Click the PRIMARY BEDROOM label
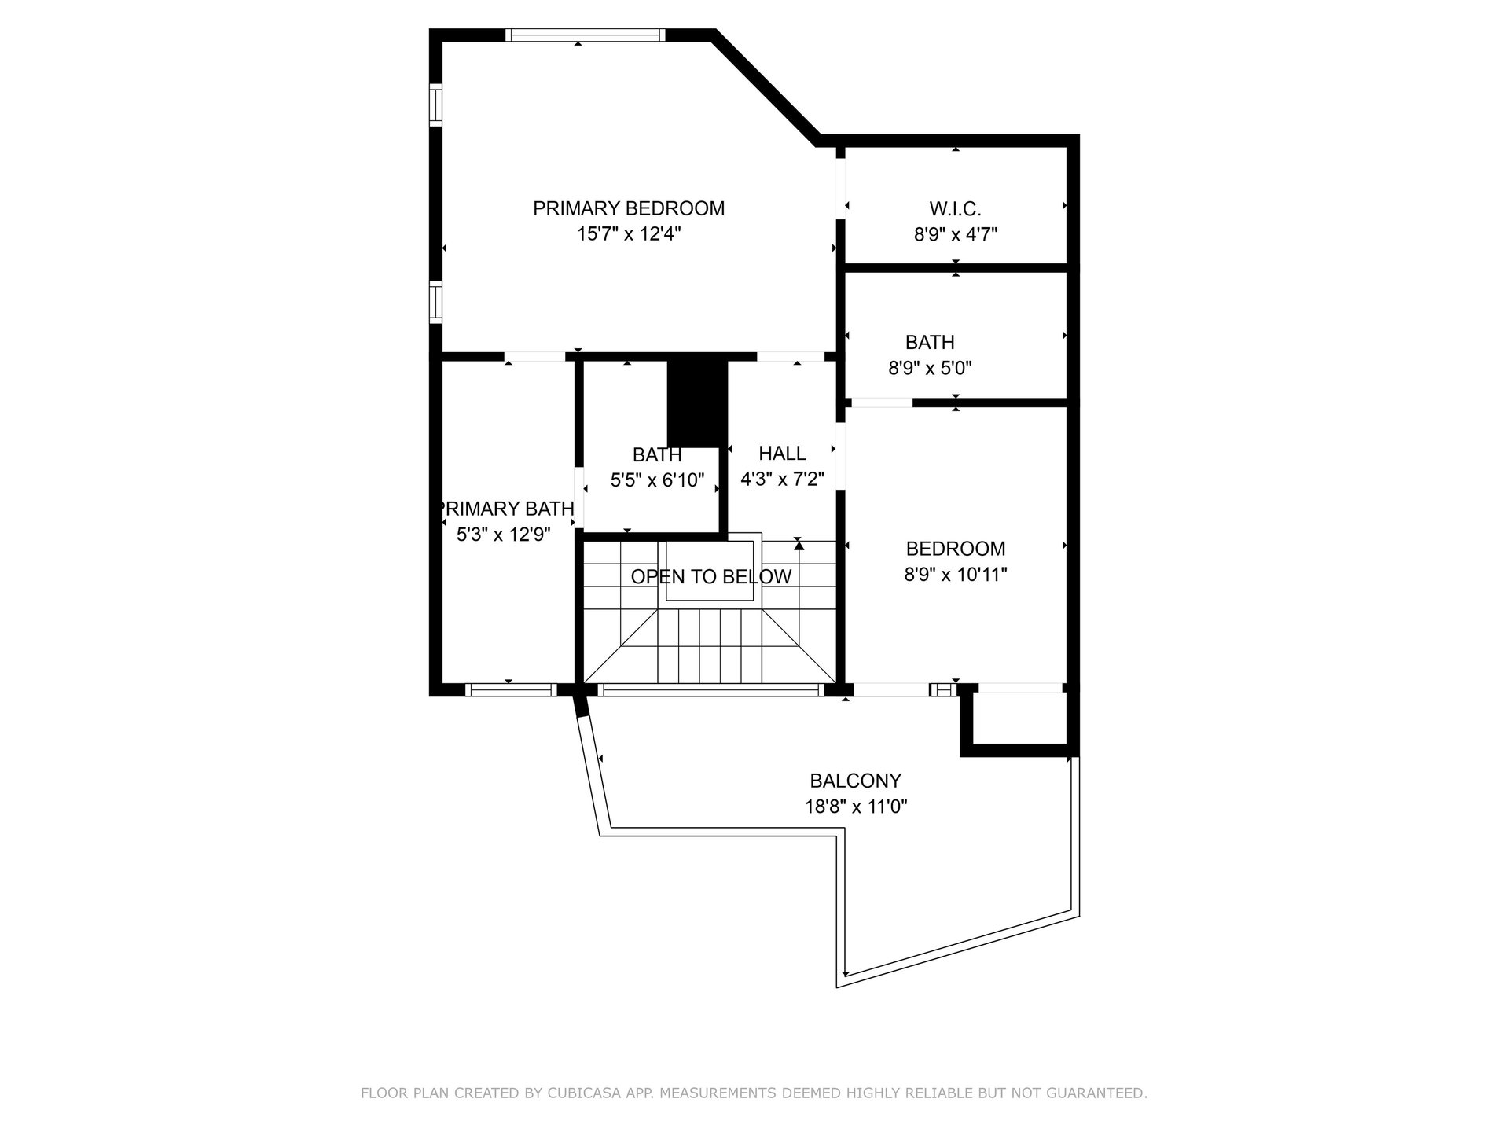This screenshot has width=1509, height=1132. click(629, 208)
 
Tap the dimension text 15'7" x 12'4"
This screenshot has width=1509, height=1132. click(629, 234)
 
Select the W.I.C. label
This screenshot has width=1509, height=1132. click(955, 209)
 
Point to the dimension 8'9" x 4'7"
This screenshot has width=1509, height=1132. click(955, 234)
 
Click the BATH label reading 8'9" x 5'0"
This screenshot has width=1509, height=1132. click(930, 343)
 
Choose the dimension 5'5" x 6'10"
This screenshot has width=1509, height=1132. click(657, 480)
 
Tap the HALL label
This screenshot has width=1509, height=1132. click(782, 454)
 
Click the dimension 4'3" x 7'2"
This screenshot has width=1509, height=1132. click(782, 479)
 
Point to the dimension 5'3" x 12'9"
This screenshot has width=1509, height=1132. click(503, 535)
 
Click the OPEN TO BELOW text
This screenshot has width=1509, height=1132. click(710, 577)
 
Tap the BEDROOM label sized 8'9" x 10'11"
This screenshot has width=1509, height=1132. click(955, 549)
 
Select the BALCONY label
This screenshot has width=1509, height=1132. click(855, 781)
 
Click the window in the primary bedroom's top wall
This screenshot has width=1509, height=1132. click(585, 35)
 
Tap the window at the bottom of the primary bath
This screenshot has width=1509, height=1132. click(510, 690)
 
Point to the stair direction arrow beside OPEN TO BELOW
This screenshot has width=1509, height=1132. click(799, 544)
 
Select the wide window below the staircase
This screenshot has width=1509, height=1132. click(710, 690)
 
